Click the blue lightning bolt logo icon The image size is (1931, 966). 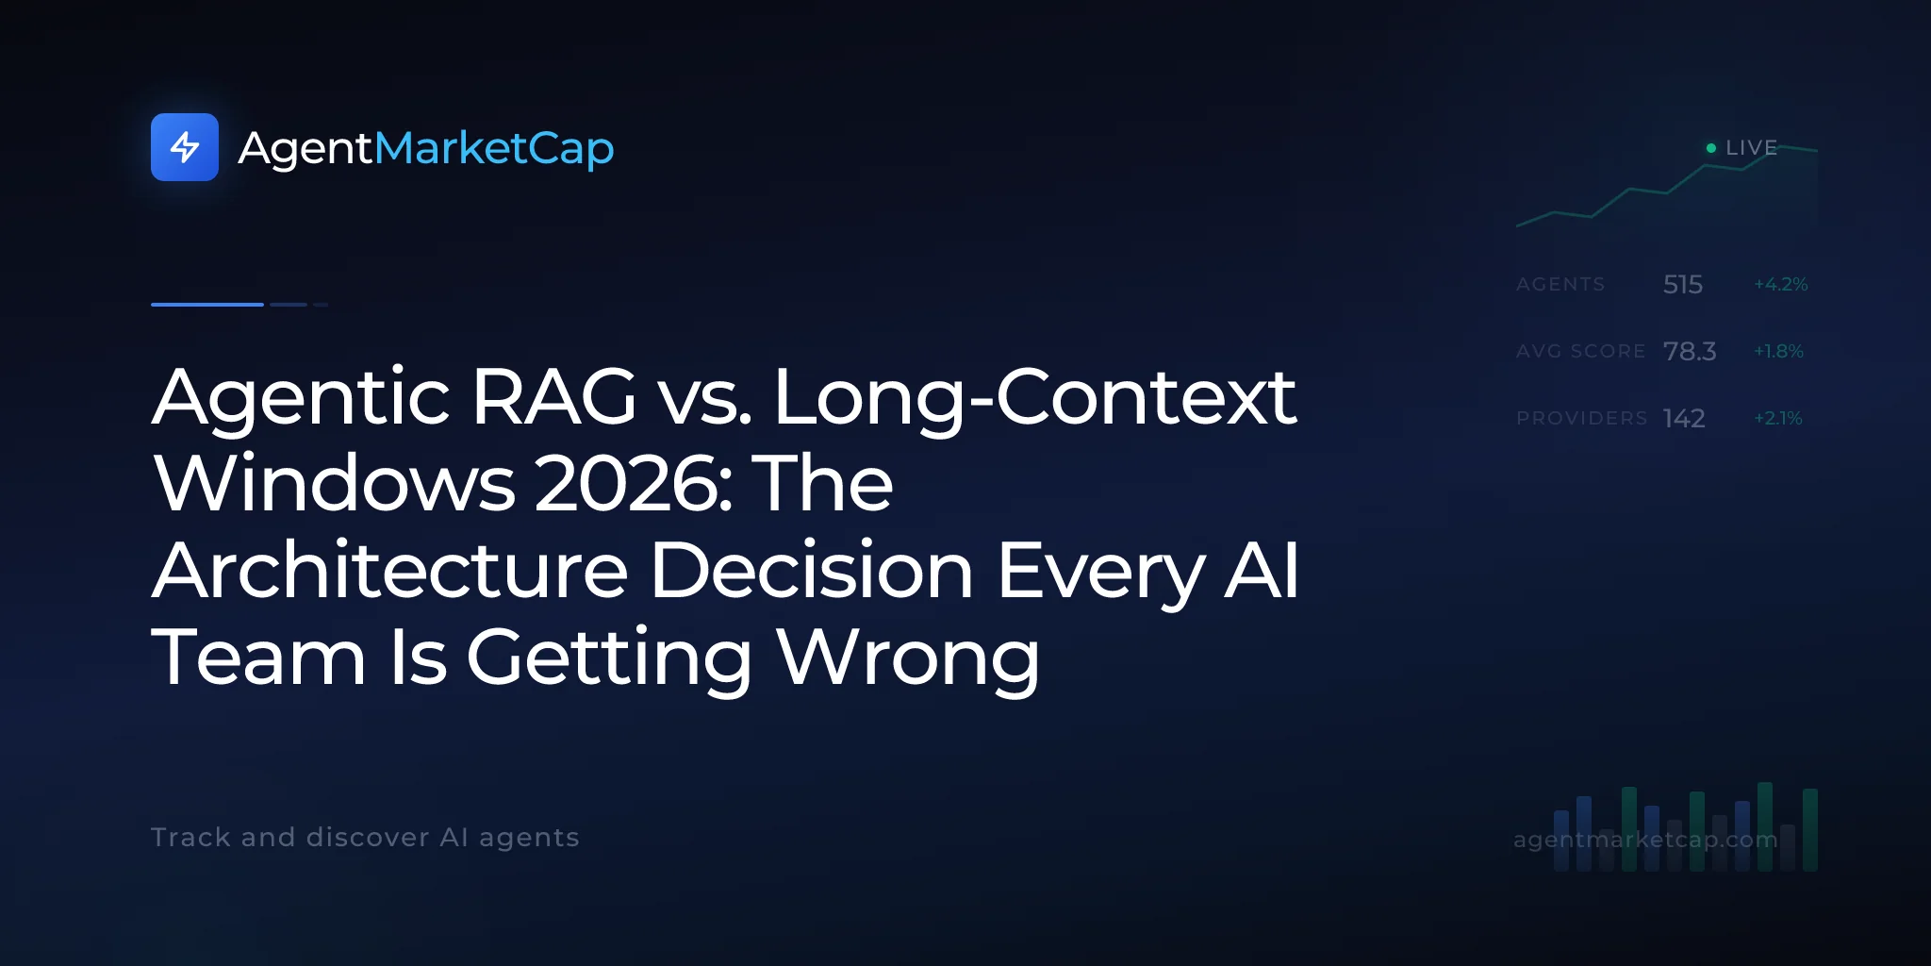[x=185, y=147]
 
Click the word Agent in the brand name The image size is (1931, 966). [x=306, y=149]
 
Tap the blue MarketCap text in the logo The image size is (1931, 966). [x=494, y=148]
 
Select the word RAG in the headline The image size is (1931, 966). [x=554, y=397]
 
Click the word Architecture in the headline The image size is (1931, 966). [x=390, y=571]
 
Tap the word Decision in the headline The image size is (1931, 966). [x=812, y=571]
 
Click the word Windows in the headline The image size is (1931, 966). [x=335, y=484]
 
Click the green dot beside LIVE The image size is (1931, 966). [x=1711, y=148]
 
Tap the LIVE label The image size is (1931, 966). [x=1751, y=148]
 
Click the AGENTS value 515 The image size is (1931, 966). [x=1683, y=284]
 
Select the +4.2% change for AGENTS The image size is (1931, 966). [x=1780, y=284]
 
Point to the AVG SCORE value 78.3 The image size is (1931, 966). [x=1690, y=351]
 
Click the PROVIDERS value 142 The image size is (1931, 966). [x=1684, y=418]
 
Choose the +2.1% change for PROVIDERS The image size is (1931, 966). [x=1778, y=418]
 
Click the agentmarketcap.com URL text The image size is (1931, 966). [x=1645, y=840]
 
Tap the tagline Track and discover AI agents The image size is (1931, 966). [x=365, y=838]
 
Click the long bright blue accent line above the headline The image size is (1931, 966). [x=207, y=305]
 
